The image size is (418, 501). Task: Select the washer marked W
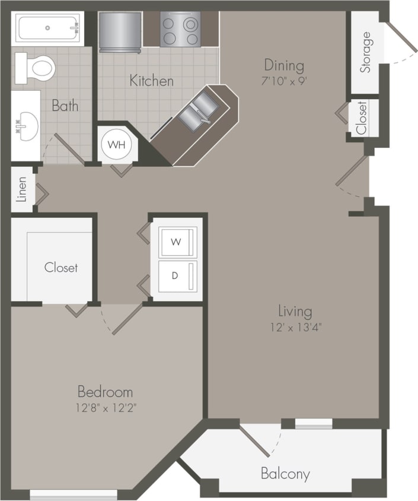click(x=176, y=242)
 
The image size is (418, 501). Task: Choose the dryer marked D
click(x=176, y=275)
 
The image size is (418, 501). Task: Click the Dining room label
click(x=284, y=65)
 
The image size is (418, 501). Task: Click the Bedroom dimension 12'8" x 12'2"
click(x=105, y=407)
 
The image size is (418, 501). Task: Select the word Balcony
click(x=285, y=474)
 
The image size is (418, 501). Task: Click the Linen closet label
click(x=22, y=189)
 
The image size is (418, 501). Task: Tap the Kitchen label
click(x=152, y=81)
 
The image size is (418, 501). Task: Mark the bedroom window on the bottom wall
click(x=74, y=493)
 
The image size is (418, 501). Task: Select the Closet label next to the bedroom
click(x=61, y=267)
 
